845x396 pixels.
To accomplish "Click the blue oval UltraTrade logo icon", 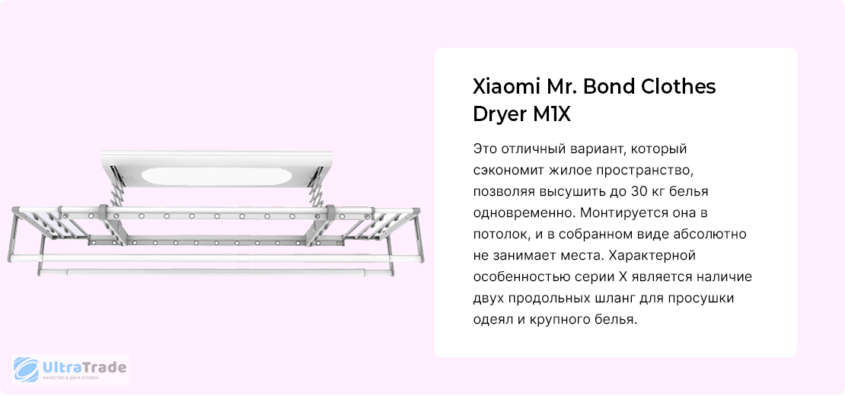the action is click(26, 370).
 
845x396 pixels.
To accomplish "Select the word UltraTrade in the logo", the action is click(84, 368).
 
